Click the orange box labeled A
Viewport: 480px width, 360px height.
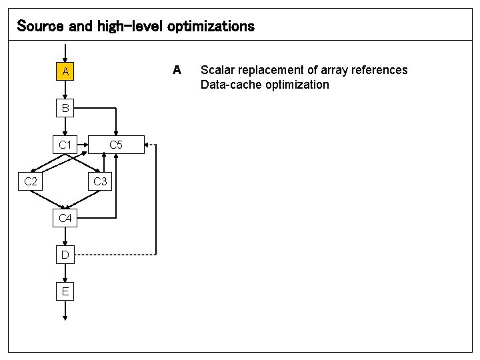coord(65,71)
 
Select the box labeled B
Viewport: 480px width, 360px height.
coord(65,108)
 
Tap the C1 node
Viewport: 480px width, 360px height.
coord(65,145)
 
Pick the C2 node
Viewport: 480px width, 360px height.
coord(30,181)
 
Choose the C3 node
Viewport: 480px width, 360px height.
coord(100,181)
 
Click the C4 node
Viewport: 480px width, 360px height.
coord(65,218)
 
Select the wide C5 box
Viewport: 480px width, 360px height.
coord(116,145)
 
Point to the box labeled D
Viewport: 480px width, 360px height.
coord(65,255)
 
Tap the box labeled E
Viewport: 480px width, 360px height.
coord(65,291)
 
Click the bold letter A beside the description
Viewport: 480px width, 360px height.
coord(177,69)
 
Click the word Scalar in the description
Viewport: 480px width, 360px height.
coord(217,70)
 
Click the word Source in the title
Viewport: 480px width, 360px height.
coord(39,26)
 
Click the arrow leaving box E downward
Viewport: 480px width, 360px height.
coord(65,311)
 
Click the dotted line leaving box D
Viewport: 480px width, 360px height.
coord(120,254)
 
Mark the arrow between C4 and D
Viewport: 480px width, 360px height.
coord(65,236)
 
